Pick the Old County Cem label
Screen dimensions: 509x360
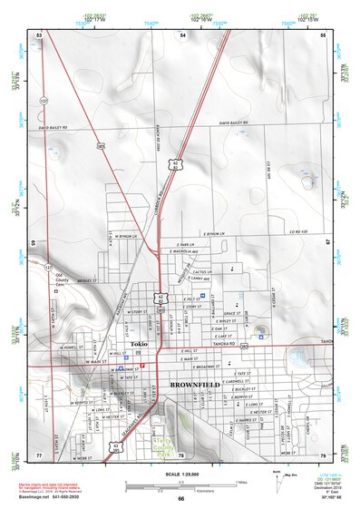(62, 279)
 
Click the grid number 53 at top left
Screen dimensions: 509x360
(39, 34)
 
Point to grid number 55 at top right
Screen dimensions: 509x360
(324, 34)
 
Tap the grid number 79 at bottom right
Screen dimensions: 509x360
(324, 455)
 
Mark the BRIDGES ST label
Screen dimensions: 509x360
(86, 282)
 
